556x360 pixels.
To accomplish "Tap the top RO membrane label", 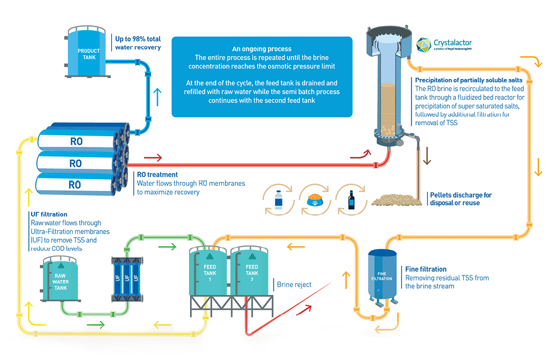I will pyautogui.click(x=76, y=142).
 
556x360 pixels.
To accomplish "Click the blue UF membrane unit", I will pyautogui.click(x=127, y=278).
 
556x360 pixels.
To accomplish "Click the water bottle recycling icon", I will pyautogui.click(x=279, y=199).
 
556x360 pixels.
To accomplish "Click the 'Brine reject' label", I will pyautogui.click(x=294, y=285).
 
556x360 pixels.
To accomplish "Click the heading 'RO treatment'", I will pyautogui.click(x=157, y=175).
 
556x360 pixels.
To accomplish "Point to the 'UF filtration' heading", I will pyautogui.click(x=49, y=214).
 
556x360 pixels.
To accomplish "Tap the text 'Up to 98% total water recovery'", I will pyautogui.click(x=138, y=43).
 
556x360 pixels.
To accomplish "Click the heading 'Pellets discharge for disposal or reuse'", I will pyautogui.click(x=460, y=199).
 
